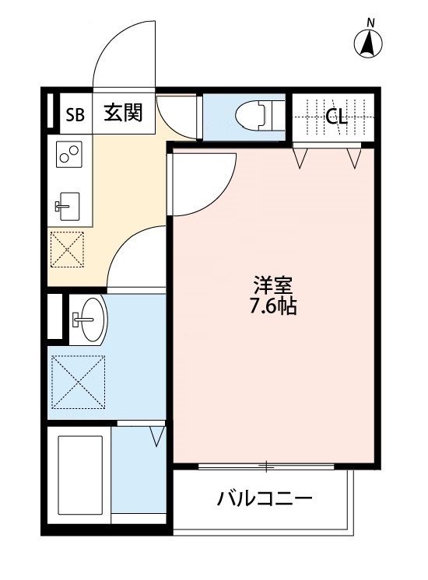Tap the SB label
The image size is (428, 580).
(75, 116)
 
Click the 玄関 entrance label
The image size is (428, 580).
(123, 114)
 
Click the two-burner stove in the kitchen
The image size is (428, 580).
(68, 153)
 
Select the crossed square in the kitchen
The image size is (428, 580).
(67, 250)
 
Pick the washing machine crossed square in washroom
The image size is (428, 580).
(78, 381)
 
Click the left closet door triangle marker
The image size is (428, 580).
(301, 159)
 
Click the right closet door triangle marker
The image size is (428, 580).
(355, 159)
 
